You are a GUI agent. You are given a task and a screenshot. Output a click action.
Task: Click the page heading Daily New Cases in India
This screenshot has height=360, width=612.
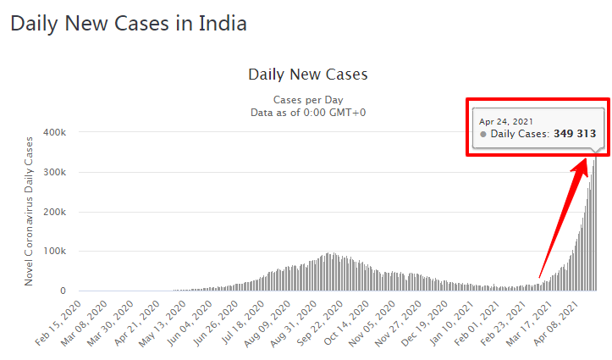coord(129,23)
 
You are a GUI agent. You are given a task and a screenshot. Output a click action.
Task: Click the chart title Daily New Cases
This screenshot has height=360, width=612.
coord(307,75)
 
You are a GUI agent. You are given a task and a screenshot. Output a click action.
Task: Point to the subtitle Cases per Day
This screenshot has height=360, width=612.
coord(308,100)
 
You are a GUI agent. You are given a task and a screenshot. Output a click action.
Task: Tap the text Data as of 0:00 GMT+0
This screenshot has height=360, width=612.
coord(308,113)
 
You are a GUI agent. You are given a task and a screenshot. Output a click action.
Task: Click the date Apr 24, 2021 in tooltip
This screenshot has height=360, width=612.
coord(506,121)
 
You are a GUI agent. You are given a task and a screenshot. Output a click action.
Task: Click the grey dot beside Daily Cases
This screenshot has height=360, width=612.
coord(483,134)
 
